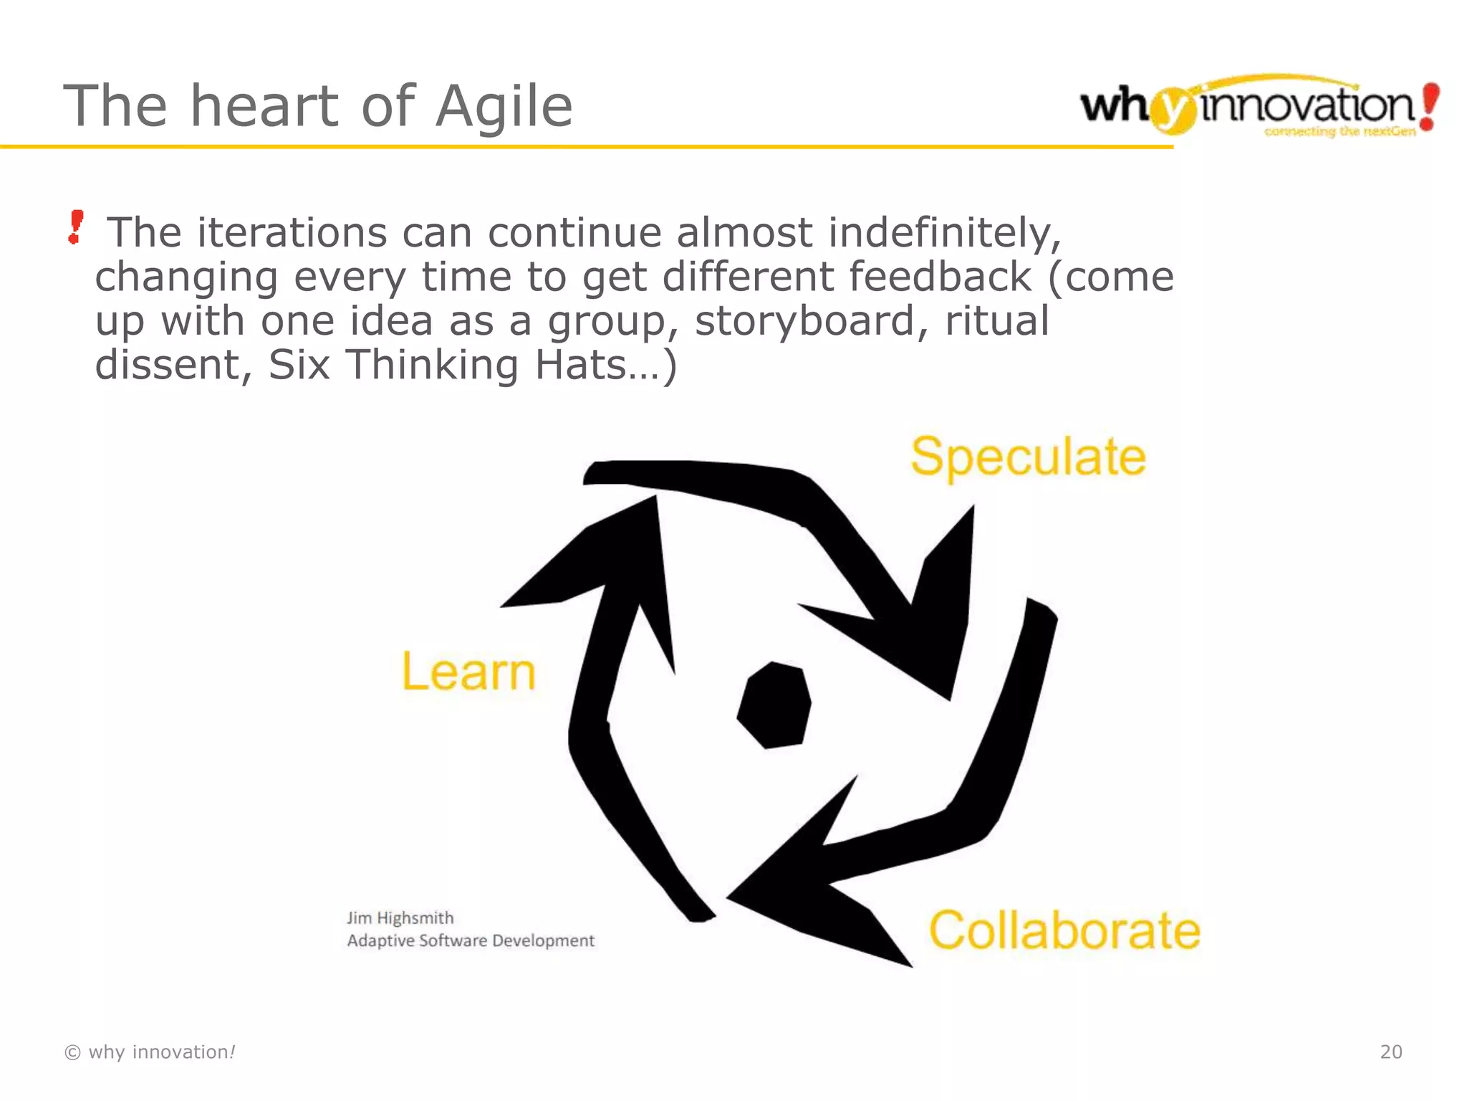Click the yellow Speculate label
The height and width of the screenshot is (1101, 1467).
[1028, 457]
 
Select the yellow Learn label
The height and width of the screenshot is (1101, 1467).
[468, 672]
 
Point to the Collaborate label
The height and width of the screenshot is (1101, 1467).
[1064, 930]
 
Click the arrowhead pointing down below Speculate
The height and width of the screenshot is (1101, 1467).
[924, 631]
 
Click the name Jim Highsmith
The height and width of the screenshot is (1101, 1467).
[400, 918]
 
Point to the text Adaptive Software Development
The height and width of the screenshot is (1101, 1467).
[471, 940]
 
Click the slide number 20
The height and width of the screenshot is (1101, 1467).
[1390, 1052]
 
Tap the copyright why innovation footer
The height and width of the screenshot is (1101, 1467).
[150, 1052]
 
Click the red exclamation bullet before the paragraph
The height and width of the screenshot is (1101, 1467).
[75, 227]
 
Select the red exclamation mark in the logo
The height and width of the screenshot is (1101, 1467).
[1429, 107]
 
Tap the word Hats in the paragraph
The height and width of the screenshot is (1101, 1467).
[581, 365]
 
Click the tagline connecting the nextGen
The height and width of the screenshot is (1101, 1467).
[1339, 131]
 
